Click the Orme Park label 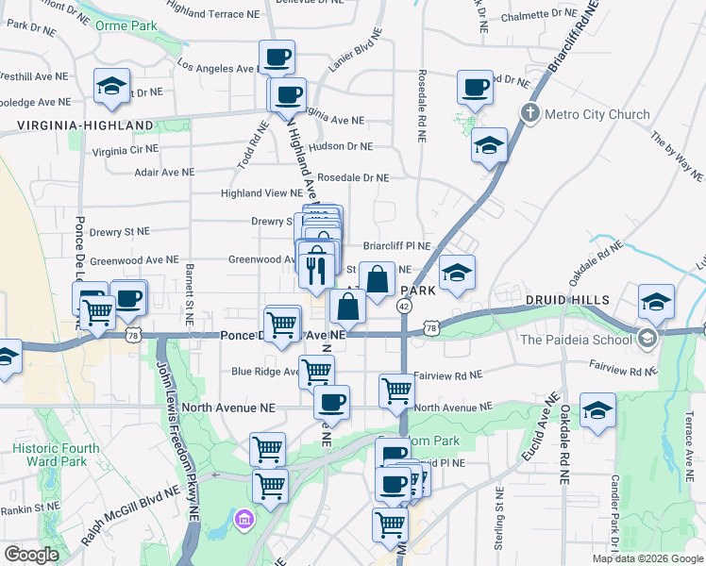click(126, 26)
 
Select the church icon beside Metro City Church click(529, 114)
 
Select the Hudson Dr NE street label click(341, 147)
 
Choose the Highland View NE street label click(261, 193)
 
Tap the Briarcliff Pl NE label click(396, 246)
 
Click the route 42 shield click(404, 307)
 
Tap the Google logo click(32, 555)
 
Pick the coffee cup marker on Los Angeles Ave click(277, 58)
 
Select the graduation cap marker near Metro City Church click(489, 146)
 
